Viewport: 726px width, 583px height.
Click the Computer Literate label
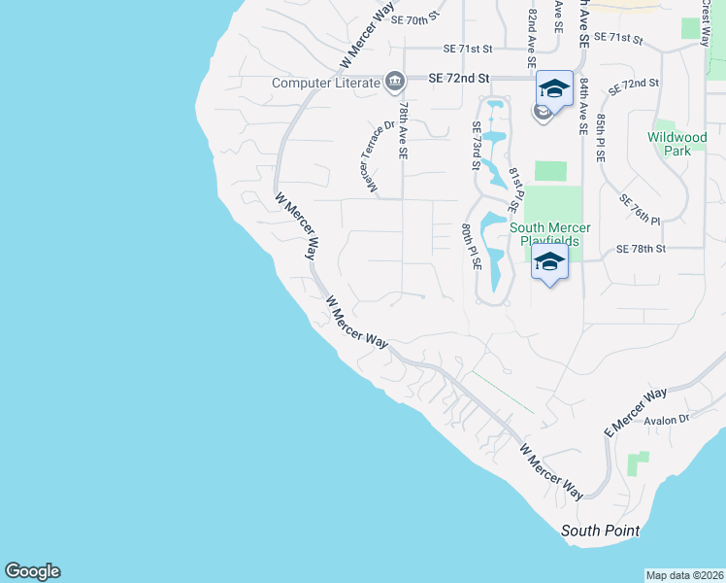coord(326,82)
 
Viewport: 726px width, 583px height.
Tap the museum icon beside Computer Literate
coord(395,81)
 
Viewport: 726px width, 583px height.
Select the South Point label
coord(601,531)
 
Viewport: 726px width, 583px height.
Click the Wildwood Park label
coord(677,144)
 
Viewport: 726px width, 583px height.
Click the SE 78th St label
coord(641,250)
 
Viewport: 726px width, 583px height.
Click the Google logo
coord(32,571)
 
